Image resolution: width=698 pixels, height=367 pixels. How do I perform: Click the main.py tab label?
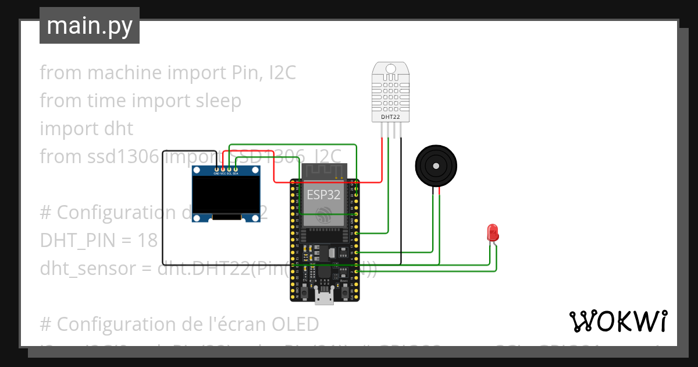(x=90, y=26)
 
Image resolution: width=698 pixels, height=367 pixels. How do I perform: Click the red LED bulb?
(x=492, y=232)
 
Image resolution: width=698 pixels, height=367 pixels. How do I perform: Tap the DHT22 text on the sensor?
(x=390, y=117)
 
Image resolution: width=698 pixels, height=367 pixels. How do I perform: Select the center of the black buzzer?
(x=436, y=165)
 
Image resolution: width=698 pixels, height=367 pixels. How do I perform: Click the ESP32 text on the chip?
(x=324, y=195)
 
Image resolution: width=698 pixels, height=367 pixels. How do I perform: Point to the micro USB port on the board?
(x=324, y=298)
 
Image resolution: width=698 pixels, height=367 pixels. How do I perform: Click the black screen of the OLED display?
(x=226, y=195)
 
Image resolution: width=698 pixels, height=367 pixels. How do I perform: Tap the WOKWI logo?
(x=618, y=321)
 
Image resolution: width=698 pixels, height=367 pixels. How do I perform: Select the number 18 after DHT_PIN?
(x=145, y=241)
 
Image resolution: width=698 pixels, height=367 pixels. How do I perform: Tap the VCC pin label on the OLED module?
(x=223, y=174)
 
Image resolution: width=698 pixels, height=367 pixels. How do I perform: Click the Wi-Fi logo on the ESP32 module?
(x=323, y=216)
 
